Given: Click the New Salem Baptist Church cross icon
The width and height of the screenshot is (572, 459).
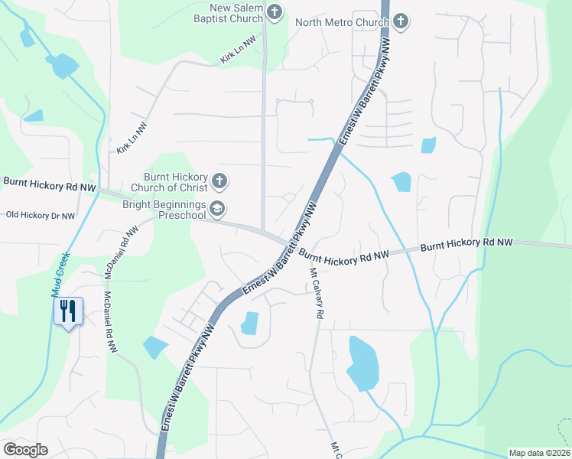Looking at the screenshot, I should (x=275, y=12).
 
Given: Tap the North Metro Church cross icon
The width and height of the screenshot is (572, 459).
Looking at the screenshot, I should (x=400, y=22).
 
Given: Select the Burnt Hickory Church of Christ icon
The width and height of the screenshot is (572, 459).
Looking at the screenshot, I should (x=219, y=181).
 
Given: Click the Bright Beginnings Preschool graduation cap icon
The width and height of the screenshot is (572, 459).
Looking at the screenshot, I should (x=217, y=208).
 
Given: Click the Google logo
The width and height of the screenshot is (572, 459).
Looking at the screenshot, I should (x=25, y=450).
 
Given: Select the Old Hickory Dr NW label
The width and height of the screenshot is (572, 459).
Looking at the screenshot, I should (x=41, y=216).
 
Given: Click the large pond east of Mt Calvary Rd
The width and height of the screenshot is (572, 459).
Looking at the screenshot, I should (x=362, y=363).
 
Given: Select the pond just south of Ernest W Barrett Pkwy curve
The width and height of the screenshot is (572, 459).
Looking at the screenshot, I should (x=249, y=324).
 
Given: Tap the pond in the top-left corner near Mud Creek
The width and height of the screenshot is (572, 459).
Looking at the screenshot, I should (x=63, y=67).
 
